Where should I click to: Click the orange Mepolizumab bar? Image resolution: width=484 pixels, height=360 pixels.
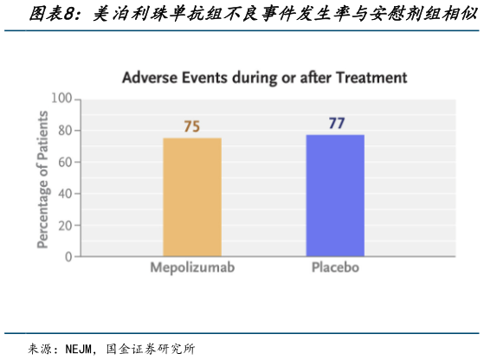(192, 197)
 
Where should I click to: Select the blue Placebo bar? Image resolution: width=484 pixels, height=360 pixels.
(334, 196)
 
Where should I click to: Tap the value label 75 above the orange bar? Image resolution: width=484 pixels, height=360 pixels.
(192, 126)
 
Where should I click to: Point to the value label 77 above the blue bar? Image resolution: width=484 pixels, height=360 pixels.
(336, 123)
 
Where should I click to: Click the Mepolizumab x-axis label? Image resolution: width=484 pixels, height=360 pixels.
(193, 267)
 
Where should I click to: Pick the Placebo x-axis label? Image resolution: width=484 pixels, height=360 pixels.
(335, 267)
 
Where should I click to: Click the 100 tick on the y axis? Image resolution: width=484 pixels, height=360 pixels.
(61, 99)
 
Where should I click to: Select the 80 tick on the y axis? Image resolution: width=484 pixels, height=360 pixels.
(64, 131)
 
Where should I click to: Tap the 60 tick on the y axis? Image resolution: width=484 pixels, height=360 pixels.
(64, 162)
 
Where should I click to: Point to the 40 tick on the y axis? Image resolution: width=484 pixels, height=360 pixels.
(64, 194)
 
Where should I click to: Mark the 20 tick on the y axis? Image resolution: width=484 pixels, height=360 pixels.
(64, 225)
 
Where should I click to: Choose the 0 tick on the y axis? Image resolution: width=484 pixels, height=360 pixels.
(68, 256)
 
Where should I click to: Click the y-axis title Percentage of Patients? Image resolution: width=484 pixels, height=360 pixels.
(42, 178)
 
